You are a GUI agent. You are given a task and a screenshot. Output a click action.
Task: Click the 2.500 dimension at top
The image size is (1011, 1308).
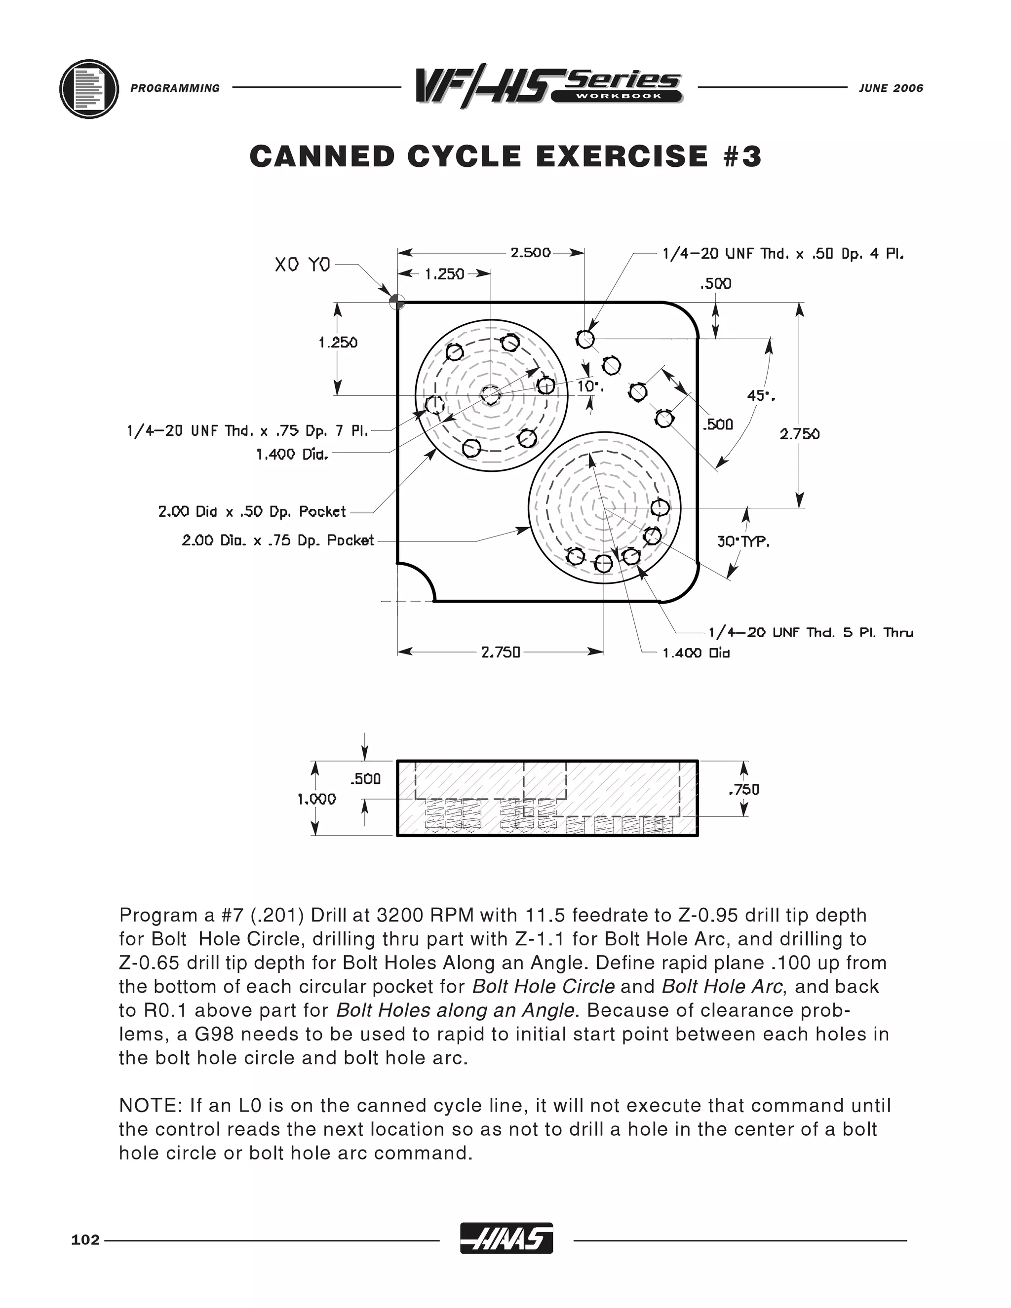530,252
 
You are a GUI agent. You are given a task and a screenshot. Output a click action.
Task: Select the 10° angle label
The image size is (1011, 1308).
589,386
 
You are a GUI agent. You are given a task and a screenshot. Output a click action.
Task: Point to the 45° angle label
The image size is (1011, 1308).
760,396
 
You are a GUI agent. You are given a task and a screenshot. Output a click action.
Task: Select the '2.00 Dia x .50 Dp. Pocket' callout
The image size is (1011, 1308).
252,511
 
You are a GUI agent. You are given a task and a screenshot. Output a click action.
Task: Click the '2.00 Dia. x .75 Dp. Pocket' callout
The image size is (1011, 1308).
278,540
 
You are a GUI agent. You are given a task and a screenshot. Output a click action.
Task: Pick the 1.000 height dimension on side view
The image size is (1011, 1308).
317,799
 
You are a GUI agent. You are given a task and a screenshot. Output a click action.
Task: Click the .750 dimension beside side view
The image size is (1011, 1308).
743,790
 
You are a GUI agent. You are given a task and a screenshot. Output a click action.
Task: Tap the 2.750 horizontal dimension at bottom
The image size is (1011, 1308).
501,652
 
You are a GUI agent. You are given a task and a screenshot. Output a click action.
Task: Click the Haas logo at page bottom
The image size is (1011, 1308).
506,1239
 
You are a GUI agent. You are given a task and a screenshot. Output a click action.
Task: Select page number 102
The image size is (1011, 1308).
85,1240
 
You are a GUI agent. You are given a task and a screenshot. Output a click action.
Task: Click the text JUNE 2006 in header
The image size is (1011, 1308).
891,88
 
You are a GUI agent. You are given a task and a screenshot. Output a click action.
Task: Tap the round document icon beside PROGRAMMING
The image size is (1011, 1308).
89,89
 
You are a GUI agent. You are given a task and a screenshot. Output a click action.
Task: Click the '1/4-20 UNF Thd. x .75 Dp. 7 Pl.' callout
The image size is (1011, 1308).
247,430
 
